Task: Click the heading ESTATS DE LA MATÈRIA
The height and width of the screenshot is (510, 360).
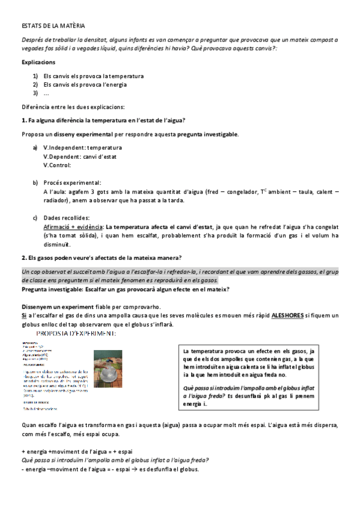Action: click(53, 26)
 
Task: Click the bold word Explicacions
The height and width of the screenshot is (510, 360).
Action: click(38, 62)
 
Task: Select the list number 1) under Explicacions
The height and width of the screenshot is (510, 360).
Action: click(35, 76)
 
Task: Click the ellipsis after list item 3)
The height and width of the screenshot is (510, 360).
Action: click(46, 93)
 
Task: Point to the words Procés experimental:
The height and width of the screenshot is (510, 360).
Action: click(72, 182)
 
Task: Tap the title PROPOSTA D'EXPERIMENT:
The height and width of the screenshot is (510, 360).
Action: click(76, 333)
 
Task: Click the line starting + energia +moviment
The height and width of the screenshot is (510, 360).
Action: click(77, 451)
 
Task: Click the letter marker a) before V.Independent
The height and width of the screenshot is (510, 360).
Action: click(35, 147)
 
